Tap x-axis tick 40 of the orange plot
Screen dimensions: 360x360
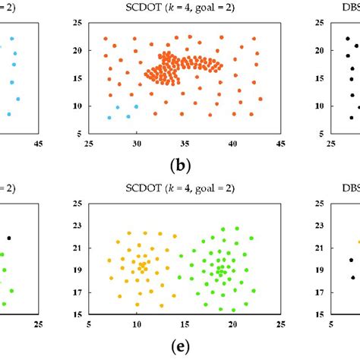pos(233,143)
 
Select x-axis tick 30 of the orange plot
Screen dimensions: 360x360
pos(137,143)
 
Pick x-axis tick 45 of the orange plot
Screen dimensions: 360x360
pos(280,143)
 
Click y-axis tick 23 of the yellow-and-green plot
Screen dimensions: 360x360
pos(78,225)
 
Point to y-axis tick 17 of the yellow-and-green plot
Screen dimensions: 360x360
pos(78,291)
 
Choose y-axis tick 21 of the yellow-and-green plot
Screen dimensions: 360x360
pos(78,247)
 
